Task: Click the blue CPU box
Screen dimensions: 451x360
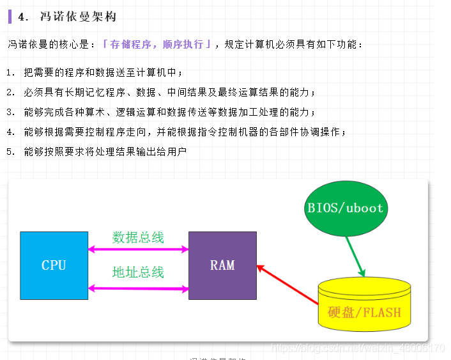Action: click(x=54, y=265)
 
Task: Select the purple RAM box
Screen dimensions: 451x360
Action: click(x=222, y=265)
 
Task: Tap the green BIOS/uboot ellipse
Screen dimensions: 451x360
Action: click(x=345, y=208)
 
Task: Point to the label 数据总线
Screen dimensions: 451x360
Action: click(x=138, y=238)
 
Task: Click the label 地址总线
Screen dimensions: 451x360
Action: click(x=138, y=272)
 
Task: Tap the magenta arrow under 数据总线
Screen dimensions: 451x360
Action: click(x=138, y=249)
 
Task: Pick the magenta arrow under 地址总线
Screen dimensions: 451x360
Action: click(x=138, y=288)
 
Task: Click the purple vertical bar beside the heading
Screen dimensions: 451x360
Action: click(x=10, y=16)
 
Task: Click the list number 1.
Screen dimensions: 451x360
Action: click(x=10, y=73)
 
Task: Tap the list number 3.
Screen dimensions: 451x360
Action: click(x=10, y=113)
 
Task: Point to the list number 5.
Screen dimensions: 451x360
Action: click(x=10, y=152)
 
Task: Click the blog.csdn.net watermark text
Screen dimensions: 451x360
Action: click(x=358, y=348)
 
